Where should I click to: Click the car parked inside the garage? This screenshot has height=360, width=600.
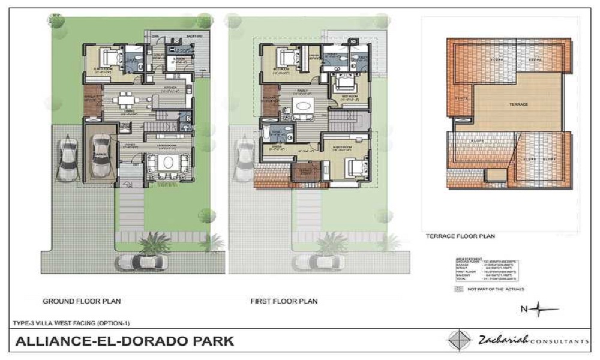coord(100,154)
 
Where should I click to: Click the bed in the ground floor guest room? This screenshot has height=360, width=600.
coord(110,59)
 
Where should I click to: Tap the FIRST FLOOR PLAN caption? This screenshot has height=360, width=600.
coord(284,301)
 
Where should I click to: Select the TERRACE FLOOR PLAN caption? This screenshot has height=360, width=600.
coord(460,236)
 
